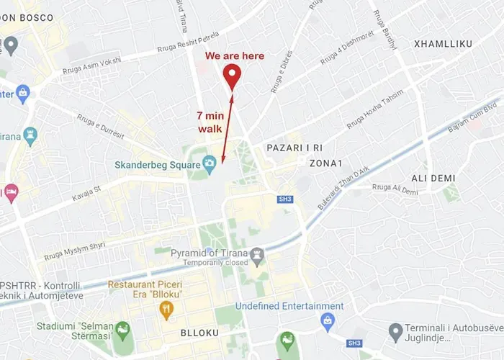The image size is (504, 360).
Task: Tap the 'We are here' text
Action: click(235, 55)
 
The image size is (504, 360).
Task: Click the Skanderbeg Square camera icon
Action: click(210, 164)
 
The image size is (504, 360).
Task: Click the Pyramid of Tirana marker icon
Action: click(257, 253)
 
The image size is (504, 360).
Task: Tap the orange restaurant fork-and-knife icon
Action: click(166, 310)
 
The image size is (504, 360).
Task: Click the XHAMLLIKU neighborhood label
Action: click(443, 45)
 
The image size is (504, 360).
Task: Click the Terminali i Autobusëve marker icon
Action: click(395, 332)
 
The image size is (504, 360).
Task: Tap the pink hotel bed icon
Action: click(10, 192)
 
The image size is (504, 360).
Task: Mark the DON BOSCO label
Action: click(28, 17)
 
